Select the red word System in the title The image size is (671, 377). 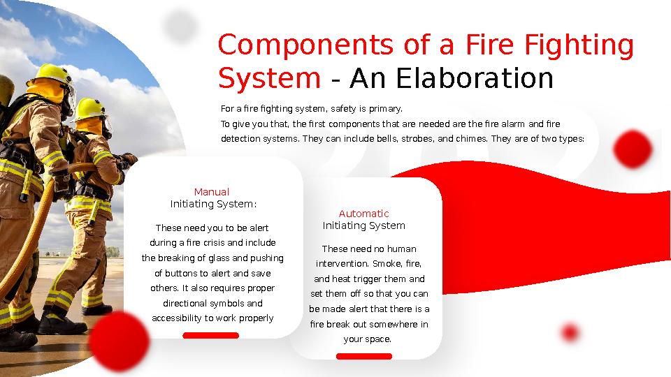269,79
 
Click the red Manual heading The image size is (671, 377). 212,192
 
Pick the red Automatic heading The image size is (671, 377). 363,214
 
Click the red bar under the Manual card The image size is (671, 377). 210,336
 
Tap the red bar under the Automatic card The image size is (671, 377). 363,357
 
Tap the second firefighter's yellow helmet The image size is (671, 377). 91,108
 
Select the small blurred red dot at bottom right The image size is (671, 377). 570,333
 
